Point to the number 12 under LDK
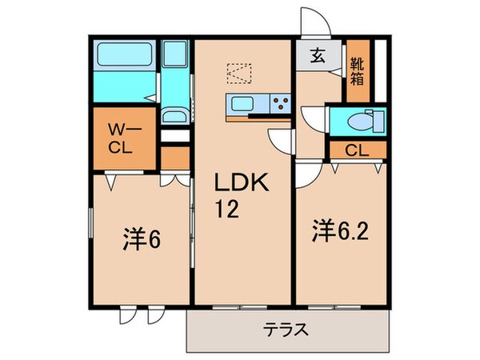click(x=224, y=210)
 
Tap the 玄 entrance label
click(x=318, y=57)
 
